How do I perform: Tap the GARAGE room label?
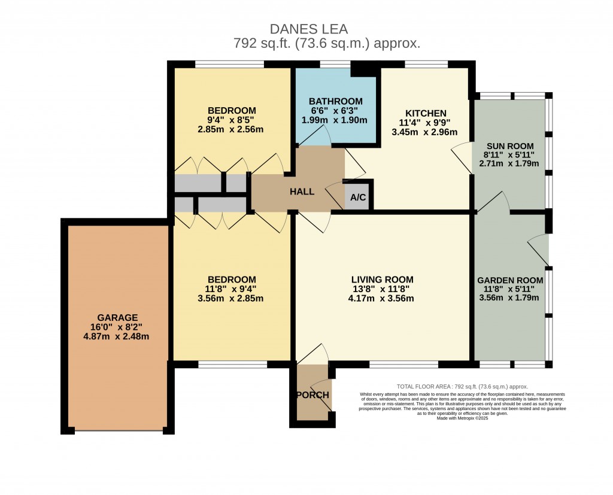click(x=118, y=317)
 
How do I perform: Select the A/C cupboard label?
click(x=358, y=198)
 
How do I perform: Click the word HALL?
click(x=302, y=192)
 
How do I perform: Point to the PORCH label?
click(x=312, y=395)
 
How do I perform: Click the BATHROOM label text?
click(x=335, y=101)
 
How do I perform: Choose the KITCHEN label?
click(x=426, y=113)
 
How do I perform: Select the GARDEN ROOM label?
click(x=510, y=280)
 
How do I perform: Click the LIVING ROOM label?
click(x=382, y=280)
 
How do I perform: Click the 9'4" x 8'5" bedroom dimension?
click(x=232, y=120)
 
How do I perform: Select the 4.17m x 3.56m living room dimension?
click(x=382, y=299)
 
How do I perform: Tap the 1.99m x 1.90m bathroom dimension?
click(x=335, y=120)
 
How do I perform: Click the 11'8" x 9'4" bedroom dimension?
click(x=232, y=289)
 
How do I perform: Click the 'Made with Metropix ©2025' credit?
click(x=462, y=418)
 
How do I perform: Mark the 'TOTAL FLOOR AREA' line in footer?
click(x=462, y=387)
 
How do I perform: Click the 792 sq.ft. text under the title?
click(x=326, y=43)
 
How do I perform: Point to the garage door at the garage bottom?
click(x=118, y=430)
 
